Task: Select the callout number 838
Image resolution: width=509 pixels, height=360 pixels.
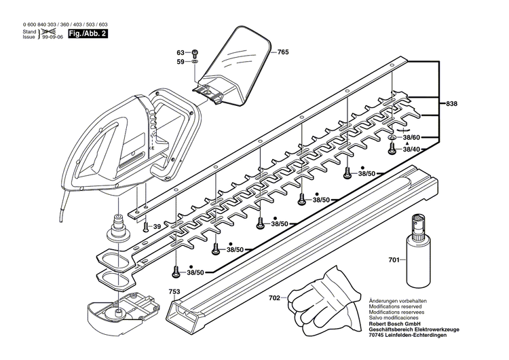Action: coord(452,104)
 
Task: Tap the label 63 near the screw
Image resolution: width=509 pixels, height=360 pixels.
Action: coord(181,52)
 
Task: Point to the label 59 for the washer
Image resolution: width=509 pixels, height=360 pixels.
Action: coord(181,62)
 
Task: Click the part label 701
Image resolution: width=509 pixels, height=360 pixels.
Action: coord(394,259)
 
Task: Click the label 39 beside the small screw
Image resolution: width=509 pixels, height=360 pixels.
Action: coord(157,226)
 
